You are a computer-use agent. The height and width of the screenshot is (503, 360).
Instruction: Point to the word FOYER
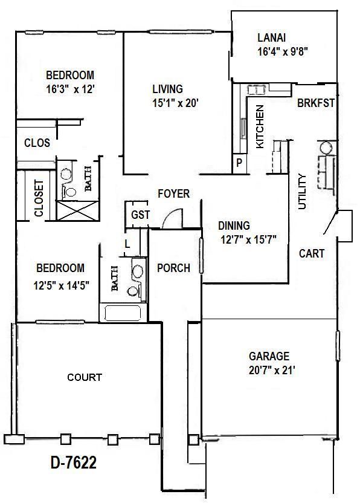173,194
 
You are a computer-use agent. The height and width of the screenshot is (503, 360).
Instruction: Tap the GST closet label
140,216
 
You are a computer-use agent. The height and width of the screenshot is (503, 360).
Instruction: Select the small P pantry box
239,163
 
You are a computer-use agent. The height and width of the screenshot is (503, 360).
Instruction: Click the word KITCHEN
260,127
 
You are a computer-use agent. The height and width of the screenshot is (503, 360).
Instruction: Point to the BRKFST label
315,103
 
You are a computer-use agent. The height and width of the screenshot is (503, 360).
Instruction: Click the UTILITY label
303,192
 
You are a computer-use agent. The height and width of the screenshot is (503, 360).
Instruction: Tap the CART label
312,254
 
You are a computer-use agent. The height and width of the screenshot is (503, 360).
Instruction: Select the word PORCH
173,268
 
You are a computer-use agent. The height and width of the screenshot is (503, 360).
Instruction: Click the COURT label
85,377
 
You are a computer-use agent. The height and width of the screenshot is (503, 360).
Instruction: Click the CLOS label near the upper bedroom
37,144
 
